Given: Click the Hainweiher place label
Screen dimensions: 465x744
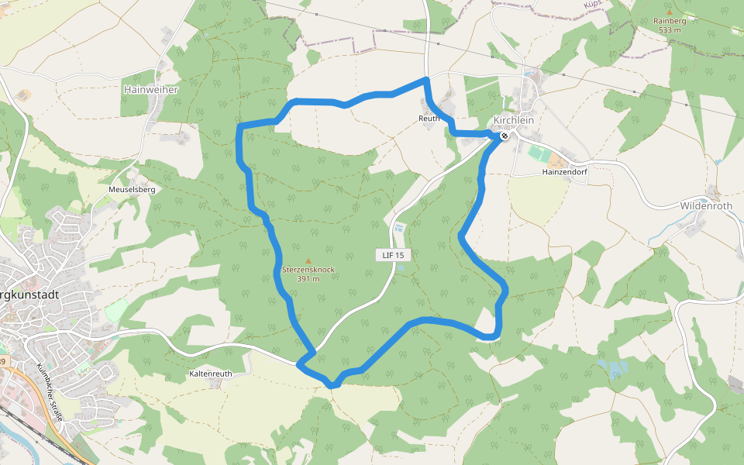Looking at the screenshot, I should coord(151,90).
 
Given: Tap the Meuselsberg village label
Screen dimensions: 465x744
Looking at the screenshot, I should coord(133,189).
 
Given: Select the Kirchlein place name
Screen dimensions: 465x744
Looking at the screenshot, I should coord(514,121).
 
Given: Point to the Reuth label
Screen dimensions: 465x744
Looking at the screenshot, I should coord(429,119).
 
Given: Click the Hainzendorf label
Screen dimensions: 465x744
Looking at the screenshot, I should coord(565,172).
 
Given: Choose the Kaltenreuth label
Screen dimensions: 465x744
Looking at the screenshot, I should coord(210,374).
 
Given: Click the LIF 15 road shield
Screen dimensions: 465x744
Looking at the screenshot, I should coord(393,254).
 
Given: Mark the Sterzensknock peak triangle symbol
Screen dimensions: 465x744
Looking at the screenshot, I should coord(308,261).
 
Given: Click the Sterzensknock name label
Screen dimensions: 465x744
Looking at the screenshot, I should coord(308,270).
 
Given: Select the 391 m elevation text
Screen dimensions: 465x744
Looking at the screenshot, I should coord(308,278).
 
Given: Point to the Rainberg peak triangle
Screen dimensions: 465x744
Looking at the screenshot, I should coord(670,12).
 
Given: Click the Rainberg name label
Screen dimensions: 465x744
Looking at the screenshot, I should coord(670,21).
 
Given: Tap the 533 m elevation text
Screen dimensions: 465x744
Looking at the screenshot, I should coord(670,30).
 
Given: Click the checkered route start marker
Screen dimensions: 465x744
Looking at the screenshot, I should coord(505,136).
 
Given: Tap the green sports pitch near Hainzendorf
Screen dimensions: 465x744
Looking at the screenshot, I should coord(539,153).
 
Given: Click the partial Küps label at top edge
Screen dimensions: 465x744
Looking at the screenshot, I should coord(593,4).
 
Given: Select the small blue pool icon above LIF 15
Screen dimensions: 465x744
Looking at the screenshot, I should coord(398,229).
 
